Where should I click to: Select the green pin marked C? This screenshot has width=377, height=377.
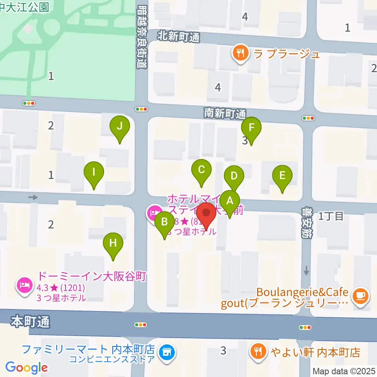(201, 170)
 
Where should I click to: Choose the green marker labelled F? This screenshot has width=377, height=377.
(251, 128)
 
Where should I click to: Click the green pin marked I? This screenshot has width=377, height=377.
(94, 172)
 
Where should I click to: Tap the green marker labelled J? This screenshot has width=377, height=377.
(120, 127)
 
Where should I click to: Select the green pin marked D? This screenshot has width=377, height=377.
(234, 176)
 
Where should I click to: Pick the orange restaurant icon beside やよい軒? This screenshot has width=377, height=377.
(258, 351)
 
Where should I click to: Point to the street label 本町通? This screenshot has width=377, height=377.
(30, 322)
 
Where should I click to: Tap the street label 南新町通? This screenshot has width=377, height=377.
(225, 113)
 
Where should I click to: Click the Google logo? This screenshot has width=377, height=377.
(27, 368)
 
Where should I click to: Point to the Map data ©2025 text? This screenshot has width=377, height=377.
(344, 371)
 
